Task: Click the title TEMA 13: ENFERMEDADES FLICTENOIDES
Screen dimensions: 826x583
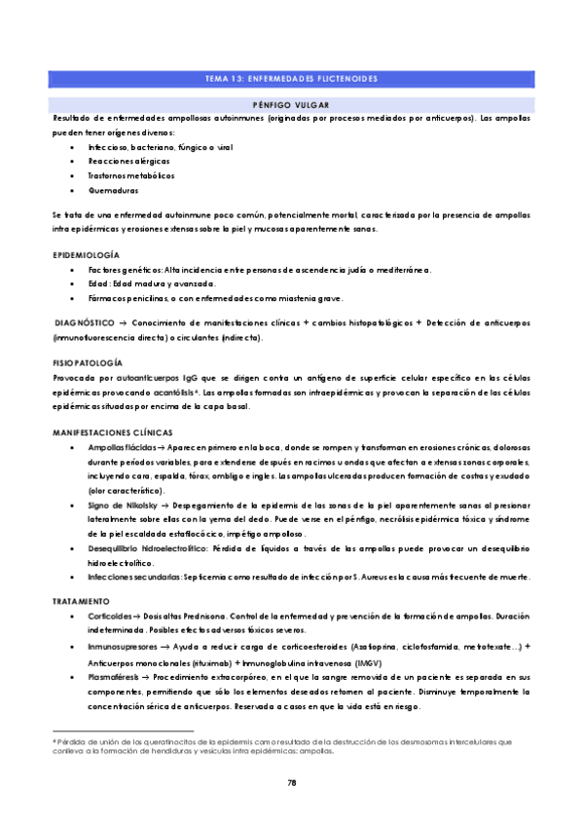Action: (291, 77)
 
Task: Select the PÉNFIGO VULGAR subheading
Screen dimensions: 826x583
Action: (291, 103)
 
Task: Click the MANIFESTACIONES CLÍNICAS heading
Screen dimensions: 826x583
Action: (112, 431)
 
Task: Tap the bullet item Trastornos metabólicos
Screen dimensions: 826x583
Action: (131, 176)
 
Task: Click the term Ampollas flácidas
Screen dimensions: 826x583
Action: (122, 445)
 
